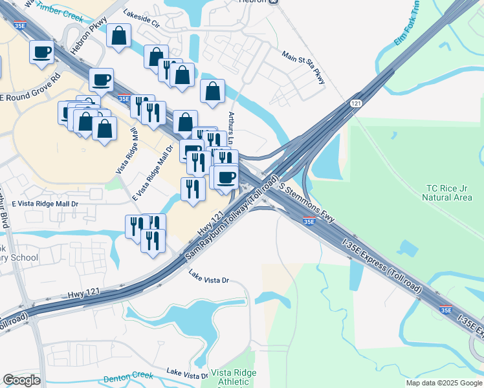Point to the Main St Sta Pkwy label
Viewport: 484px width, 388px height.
(x=303, y=68)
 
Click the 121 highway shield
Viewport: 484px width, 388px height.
(x=356, y=103)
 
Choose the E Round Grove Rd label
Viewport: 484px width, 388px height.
(x=30, y=90)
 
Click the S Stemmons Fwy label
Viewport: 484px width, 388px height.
(x=308, y=202)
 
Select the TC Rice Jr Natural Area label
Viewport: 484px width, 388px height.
(x=446, y=193)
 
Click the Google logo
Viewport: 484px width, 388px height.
(x=21, y=380)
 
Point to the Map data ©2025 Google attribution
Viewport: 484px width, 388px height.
(x=443, y=383)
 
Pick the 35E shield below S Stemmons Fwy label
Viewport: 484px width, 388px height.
(x=309, y=222)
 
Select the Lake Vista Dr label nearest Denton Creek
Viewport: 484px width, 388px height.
(x=187, y=373)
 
